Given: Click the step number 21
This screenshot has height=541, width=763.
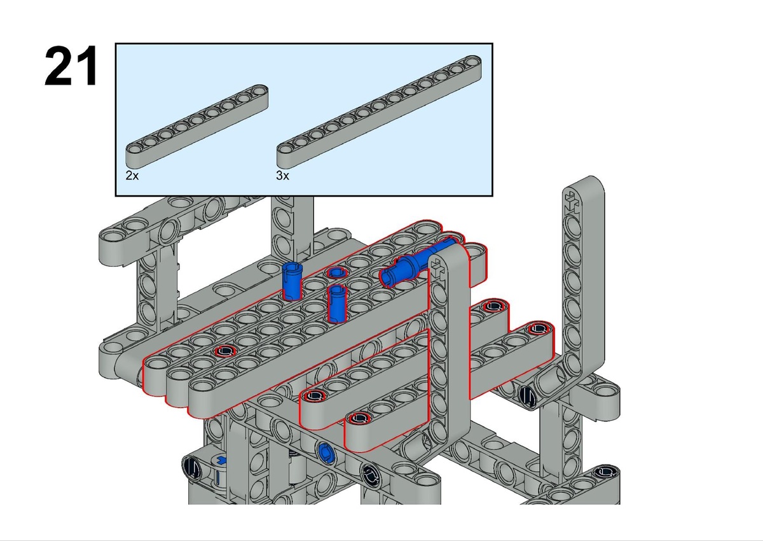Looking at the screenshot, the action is tap(71, 66).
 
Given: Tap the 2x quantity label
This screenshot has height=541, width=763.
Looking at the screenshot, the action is tap(132, 176).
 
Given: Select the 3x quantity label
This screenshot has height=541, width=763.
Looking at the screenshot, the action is tap(283, 176).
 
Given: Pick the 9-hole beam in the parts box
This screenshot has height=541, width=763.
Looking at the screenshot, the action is tap(197, 127).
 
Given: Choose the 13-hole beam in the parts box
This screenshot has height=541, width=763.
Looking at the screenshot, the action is tap(379, 111).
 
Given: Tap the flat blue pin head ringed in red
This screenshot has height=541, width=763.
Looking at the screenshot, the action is tap(336, 272).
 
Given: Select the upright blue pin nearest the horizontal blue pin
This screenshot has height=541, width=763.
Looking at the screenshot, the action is tap(336, 304).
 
